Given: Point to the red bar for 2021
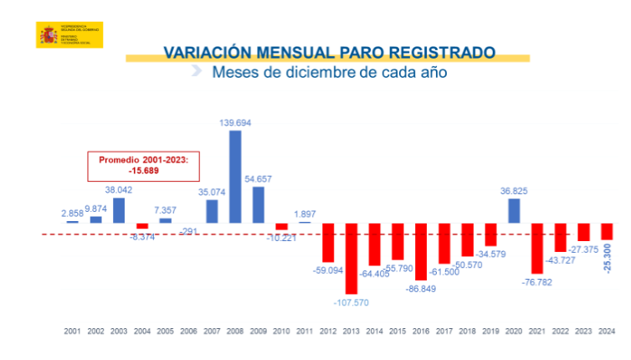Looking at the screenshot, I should pyautogui.click(x=537, y=249).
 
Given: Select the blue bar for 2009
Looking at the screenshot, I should pyautogui.click(x=259, y=204).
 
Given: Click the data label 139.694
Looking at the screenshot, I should pyautogui.click(x=235, y=123).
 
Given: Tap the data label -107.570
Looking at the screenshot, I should pyautogui.click(x=351, y=301).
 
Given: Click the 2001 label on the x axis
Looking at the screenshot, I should pyautogui.click(x=73, y=332).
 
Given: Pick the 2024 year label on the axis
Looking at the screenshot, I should pyautogui.click(x=607, y=332).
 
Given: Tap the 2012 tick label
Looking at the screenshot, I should pyautogui.click(x=328, y=332).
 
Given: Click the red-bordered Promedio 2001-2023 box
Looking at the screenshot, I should pyautogui.click(x=144, y=166).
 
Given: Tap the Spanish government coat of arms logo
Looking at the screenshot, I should pyautogui.click(x=48, y=35).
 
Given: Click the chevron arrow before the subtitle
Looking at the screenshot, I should pyautogui.click(x=196, y=71).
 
